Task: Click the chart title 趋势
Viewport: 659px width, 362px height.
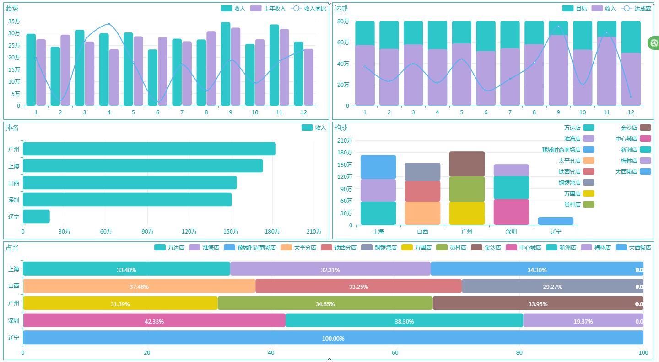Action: click(x=12, y=8)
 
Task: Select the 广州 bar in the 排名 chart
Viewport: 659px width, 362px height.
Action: click(x=149, y=149)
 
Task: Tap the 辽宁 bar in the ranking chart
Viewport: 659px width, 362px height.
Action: click(x=36, y=217)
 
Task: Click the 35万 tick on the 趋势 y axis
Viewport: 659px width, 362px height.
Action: click(x=14, y=21)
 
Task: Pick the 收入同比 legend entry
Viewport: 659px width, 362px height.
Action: click(x=309, y=8)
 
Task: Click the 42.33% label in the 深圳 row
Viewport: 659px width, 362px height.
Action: click(x=154, y=321)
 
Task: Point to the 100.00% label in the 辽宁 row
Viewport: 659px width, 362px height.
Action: click(x=333, y=338)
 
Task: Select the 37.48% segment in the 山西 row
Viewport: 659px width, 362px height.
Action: click(x=139, y=287)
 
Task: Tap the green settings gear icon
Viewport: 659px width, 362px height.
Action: click(x=654, y=43)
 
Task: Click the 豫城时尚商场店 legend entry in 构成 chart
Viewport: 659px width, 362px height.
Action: click(x=568, y=149)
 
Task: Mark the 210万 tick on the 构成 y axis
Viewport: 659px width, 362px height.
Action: click(x=344, y=140)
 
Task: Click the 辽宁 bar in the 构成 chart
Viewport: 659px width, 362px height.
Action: click(x=556, y=221)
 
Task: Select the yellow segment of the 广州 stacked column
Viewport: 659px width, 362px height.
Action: click(x=467, y=213)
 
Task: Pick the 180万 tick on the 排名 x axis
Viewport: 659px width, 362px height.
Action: click(x=272, y=231)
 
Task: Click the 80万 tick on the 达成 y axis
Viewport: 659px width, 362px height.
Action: click(x=343, y=21)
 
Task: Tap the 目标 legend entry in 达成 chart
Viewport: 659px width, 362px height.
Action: click(x=575, y=8)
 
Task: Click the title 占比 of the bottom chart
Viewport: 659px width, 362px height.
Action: click(x=12, y=247)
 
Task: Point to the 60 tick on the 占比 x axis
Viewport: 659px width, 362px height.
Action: click(x=395, y=353)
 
